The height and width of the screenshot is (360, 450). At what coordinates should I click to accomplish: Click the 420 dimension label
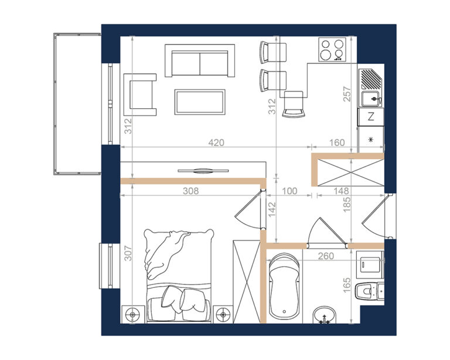216,142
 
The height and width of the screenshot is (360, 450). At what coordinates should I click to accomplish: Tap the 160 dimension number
337,142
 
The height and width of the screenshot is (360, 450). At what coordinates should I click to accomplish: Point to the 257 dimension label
347,94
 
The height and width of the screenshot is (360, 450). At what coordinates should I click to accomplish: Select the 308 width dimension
191,191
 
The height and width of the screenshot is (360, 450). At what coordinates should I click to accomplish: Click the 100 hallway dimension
289,191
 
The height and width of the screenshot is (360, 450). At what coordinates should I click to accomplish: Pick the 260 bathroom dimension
326,256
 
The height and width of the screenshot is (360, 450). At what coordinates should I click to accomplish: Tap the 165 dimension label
347,285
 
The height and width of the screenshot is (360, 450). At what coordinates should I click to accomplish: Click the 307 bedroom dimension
128,253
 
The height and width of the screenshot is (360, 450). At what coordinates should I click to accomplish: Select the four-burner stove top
332,50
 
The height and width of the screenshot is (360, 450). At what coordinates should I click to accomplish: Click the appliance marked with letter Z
371,116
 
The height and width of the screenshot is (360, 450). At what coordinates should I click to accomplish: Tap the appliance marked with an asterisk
371,139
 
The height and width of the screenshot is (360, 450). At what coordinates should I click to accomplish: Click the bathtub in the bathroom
284,287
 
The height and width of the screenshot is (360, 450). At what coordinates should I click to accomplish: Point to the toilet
369,291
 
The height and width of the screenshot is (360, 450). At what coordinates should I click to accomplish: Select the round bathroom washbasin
324,316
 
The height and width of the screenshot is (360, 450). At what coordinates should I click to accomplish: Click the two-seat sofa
200,60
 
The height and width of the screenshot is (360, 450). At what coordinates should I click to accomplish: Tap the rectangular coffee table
200,102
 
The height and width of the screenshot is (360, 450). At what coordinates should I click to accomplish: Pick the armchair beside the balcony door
140,95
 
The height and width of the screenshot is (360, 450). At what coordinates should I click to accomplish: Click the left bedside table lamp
132,314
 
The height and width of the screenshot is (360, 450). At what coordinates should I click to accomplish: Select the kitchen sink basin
371,98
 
